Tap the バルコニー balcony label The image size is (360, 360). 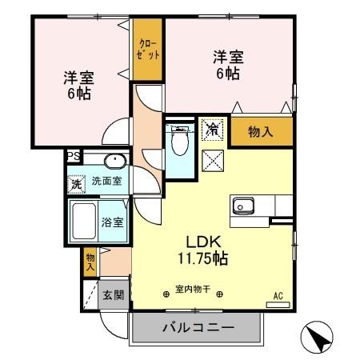(198, 328)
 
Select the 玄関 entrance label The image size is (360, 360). (113, 295)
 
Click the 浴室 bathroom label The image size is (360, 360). (112, 222)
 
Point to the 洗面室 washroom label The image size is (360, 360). (106, 182)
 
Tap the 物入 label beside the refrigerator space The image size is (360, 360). (261, 133)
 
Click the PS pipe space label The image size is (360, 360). (73, 157)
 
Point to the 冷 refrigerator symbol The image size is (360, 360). (213, 128)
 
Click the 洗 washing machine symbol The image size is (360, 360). (76, 183)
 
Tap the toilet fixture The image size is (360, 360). (179, 142)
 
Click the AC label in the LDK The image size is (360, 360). (278, 296)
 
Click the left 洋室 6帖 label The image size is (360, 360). (79, 85)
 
